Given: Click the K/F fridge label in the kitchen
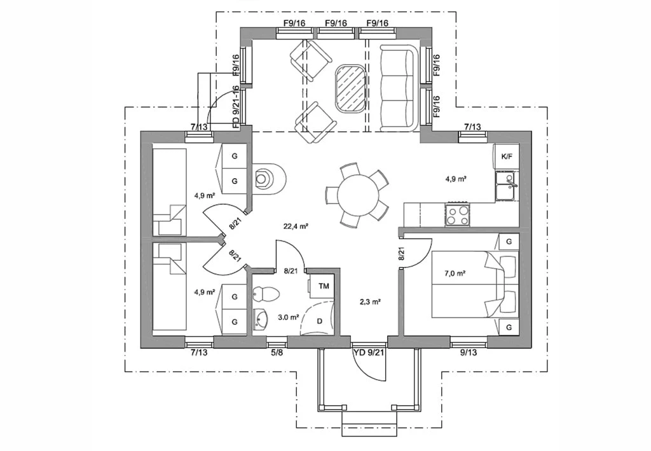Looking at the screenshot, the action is pyautogui.click(x=507, y=156).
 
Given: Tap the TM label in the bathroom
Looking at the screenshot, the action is pyautogui.click(x=324, y=286).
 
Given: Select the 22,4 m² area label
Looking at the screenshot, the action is pyautogui.click(x=295, y=226).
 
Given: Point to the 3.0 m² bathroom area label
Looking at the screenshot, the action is pyautogui.click(x=289, y=317).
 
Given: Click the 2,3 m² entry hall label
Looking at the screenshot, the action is pyautogui.click(x=371, y=302).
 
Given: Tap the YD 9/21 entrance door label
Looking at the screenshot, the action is pyautogui.click(x=369, y=352).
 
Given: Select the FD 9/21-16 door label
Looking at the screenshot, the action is pyautogui.click(x=236, y=107).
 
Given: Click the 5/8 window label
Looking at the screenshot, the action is pyautogui.click(x=277, y=352).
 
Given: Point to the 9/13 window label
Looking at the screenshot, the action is pyautogui.click(x=469, y=352).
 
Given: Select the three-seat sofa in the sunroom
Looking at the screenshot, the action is pyautogui.click(x=398, y=88).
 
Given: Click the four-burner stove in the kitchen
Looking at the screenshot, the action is pyautogui.click(x=457, y=214).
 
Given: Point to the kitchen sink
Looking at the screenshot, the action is pyautogui.click(x=505, y=186).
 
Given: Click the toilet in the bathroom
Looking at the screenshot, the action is pyautogui.click(x=266, y=294).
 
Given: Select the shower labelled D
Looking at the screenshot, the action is pyautogui.click(x=319, y=317).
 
